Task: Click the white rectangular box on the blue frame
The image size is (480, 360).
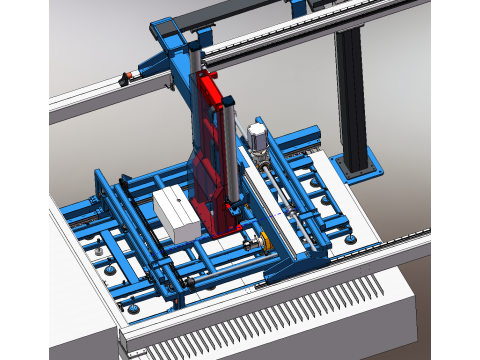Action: (x=177, y=212)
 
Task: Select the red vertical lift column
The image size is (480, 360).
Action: (x=211, y=150)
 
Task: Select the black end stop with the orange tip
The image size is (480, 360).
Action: (x=125, y=78)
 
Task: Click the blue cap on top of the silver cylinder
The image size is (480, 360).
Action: (x=228, y=96)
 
